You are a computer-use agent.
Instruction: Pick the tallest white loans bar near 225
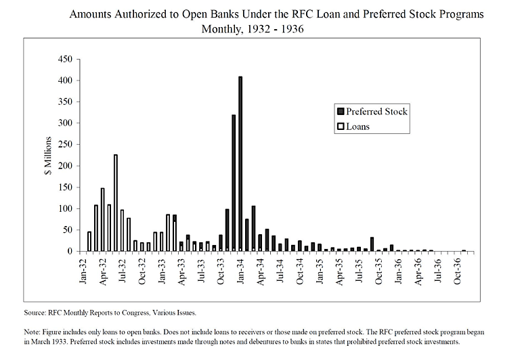pyautogui.click(x=116, y=203)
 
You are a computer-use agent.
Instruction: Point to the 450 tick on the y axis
pyautogui.click(x=64, y=60)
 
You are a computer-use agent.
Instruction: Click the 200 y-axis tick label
pyautogui.click(x=64, y=166)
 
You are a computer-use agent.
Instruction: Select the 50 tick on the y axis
pyautogui.click(x=66, y=230)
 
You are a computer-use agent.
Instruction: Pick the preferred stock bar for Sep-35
pyautogui.click(x=372, y=244)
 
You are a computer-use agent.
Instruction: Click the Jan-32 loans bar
pyautogui.click(x=89, y=242)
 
